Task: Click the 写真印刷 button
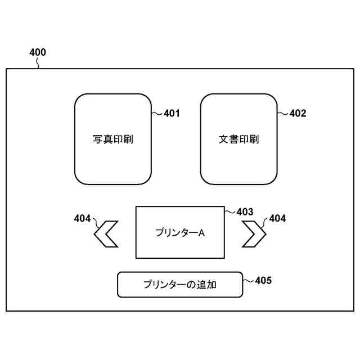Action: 113,139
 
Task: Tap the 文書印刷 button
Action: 239,139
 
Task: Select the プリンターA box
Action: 180,232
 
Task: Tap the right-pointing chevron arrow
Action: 254,234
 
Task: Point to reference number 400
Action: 38,53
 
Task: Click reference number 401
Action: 172,114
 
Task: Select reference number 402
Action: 298,114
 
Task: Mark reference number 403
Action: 245,212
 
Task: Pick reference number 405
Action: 263,280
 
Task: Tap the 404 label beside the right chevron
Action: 277,219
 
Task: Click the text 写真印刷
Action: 113,139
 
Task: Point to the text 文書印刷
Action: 239,139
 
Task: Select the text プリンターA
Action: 180,232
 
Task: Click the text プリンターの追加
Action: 180,285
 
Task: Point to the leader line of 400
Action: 38,64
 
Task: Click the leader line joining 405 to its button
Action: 249,279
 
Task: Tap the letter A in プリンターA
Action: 201,232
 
